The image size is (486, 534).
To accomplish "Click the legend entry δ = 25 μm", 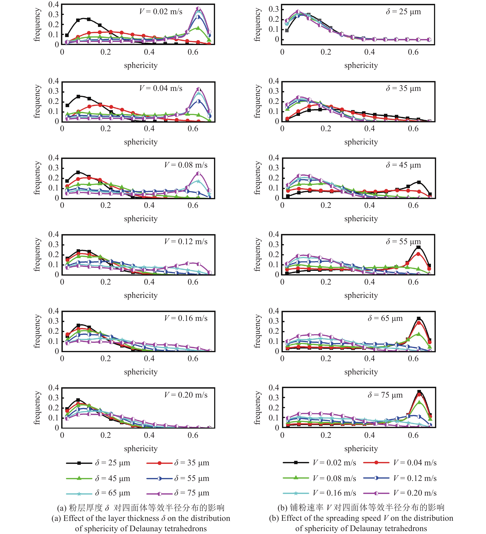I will point(113,463).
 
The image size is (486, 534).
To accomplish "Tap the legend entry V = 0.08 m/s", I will point(334,478).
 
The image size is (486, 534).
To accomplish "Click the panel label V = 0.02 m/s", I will point(161,12).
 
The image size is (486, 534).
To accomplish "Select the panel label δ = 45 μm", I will point(403,165).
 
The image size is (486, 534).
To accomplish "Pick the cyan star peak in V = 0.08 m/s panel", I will point(198,181).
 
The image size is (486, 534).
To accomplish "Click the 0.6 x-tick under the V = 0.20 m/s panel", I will point(193,435).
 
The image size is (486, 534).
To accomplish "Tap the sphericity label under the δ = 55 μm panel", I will point(361,295).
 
